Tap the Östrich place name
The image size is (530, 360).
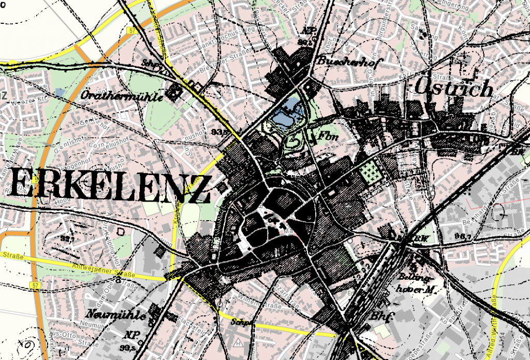[455, 89]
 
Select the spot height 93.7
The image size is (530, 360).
[67, 238]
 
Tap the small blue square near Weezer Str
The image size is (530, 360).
[61, 92]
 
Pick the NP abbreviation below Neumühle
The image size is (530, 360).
[129, 334]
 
